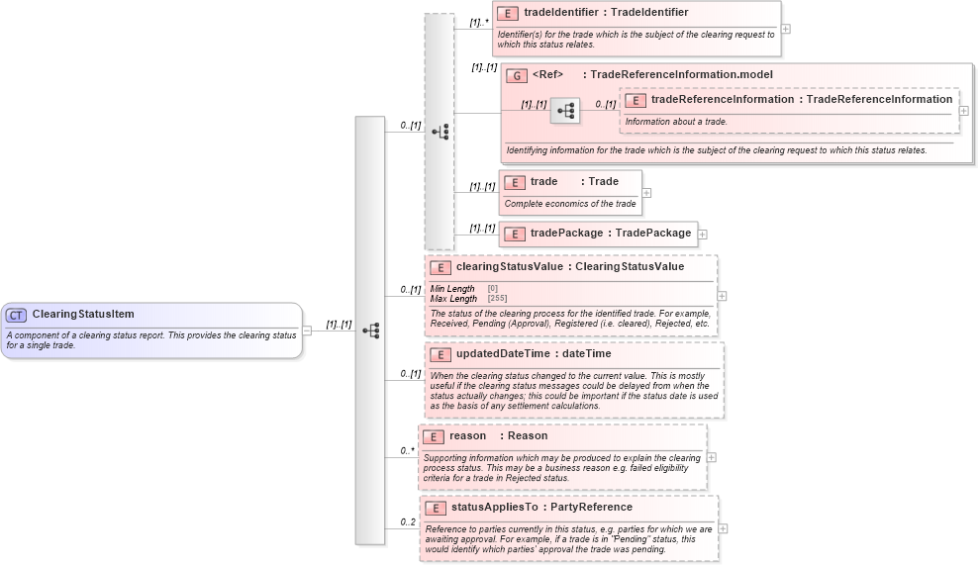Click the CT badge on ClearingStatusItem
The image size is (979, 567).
point(16,315)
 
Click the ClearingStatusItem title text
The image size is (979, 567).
point(83,315)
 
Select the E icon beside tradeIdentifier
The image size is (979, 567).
point(507,13)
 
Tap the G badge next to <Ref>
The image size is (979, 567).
point(517,75)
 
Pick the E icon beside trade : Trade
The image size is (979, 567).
point(515,182)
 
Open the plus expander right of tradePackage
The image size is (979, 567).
point(703,235)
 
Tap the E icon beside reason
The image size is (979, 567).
point(433,436)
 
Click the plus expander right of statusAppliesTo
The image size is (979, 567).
point(724,528)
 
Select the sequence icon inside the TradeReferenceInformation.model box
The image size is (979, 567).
point(565,111)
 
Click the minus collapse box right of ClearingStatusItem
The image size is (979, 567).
point(307,331)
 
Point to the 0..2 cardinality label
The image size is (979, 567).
point(408,521)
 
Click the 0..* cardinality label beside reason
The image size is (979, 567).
point(407,451)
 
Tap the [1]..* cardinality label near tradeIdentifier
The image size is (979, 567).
point(480,21)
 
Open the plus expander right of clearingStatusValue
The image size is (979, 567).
point(722,295)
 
